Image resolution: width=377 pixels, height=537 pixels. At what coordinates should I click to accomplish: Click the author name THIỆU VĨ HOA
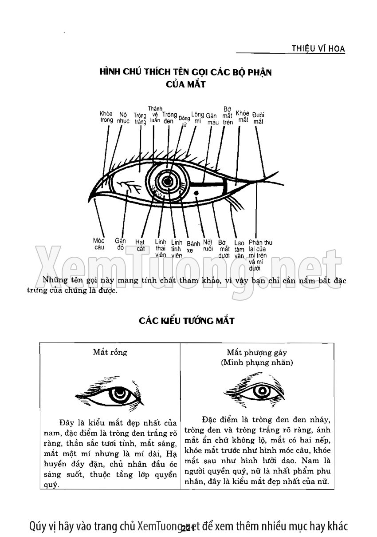[318, 48]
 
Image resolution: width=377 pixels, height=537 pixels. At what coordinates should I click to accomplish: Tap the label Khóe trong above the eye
[106, 117]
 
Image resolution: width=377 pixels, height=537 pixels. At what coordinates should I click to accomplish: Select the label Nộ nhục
[123, 117]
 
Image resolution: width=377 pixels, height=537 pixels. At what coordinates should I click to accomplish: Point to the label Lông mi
[197, 118]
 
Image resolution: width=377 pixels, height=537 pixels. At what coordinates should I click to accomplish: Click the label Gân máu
[212, 119]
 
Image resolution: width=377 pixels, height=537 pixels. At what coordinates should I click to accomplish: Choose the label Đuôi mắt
[258, 118]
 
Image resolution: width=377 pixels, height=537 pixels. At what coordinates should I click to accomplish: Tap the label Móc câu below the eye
[99, 244]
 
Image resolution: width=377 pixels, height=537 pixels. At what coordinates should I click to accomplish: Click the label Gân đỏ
[120, 244]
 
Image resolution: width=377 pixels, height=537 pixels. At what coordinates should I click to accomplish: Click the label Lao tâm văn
[240, 249]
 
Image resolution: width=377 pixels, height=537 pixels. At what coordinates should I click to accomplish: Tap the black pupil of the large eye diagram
[168, 182]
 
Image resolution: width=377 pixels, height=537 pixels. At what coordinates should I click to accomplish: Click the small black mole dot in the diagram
[196, 192]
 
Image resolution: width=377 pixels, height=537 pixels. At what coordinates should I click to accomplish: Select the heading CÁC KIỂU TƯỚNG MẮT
[186, 320]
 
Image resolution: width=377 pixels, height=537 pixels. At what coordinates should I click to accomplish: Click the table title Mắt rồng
[110, 352]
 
